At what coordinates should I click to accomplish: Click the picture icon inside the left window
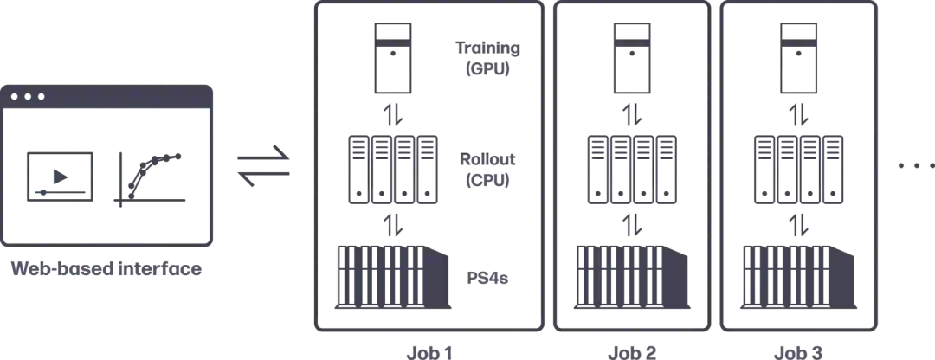tap(59, 177)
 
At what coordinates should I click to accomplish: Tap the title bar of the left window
tap(109, 97)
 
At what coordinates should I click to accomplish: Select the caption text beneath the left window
tap(109, 270)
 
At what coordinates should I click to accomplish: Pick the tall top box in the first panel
tap(393, 57)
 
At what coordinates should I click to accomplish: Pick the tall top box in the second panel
tap(633, 57)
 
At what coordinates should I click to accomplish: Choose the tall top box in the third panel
tap(797, 57)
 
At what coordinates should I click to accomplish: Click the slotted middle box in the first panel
tap(395, 169)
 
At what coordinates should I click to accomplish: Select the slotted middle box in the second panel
tap(635, 169)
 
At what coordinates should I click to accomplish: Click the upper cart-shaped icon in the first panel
tap(489, 59)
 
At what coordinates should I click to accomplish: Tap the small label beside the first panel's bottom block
tap(488, 280)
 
